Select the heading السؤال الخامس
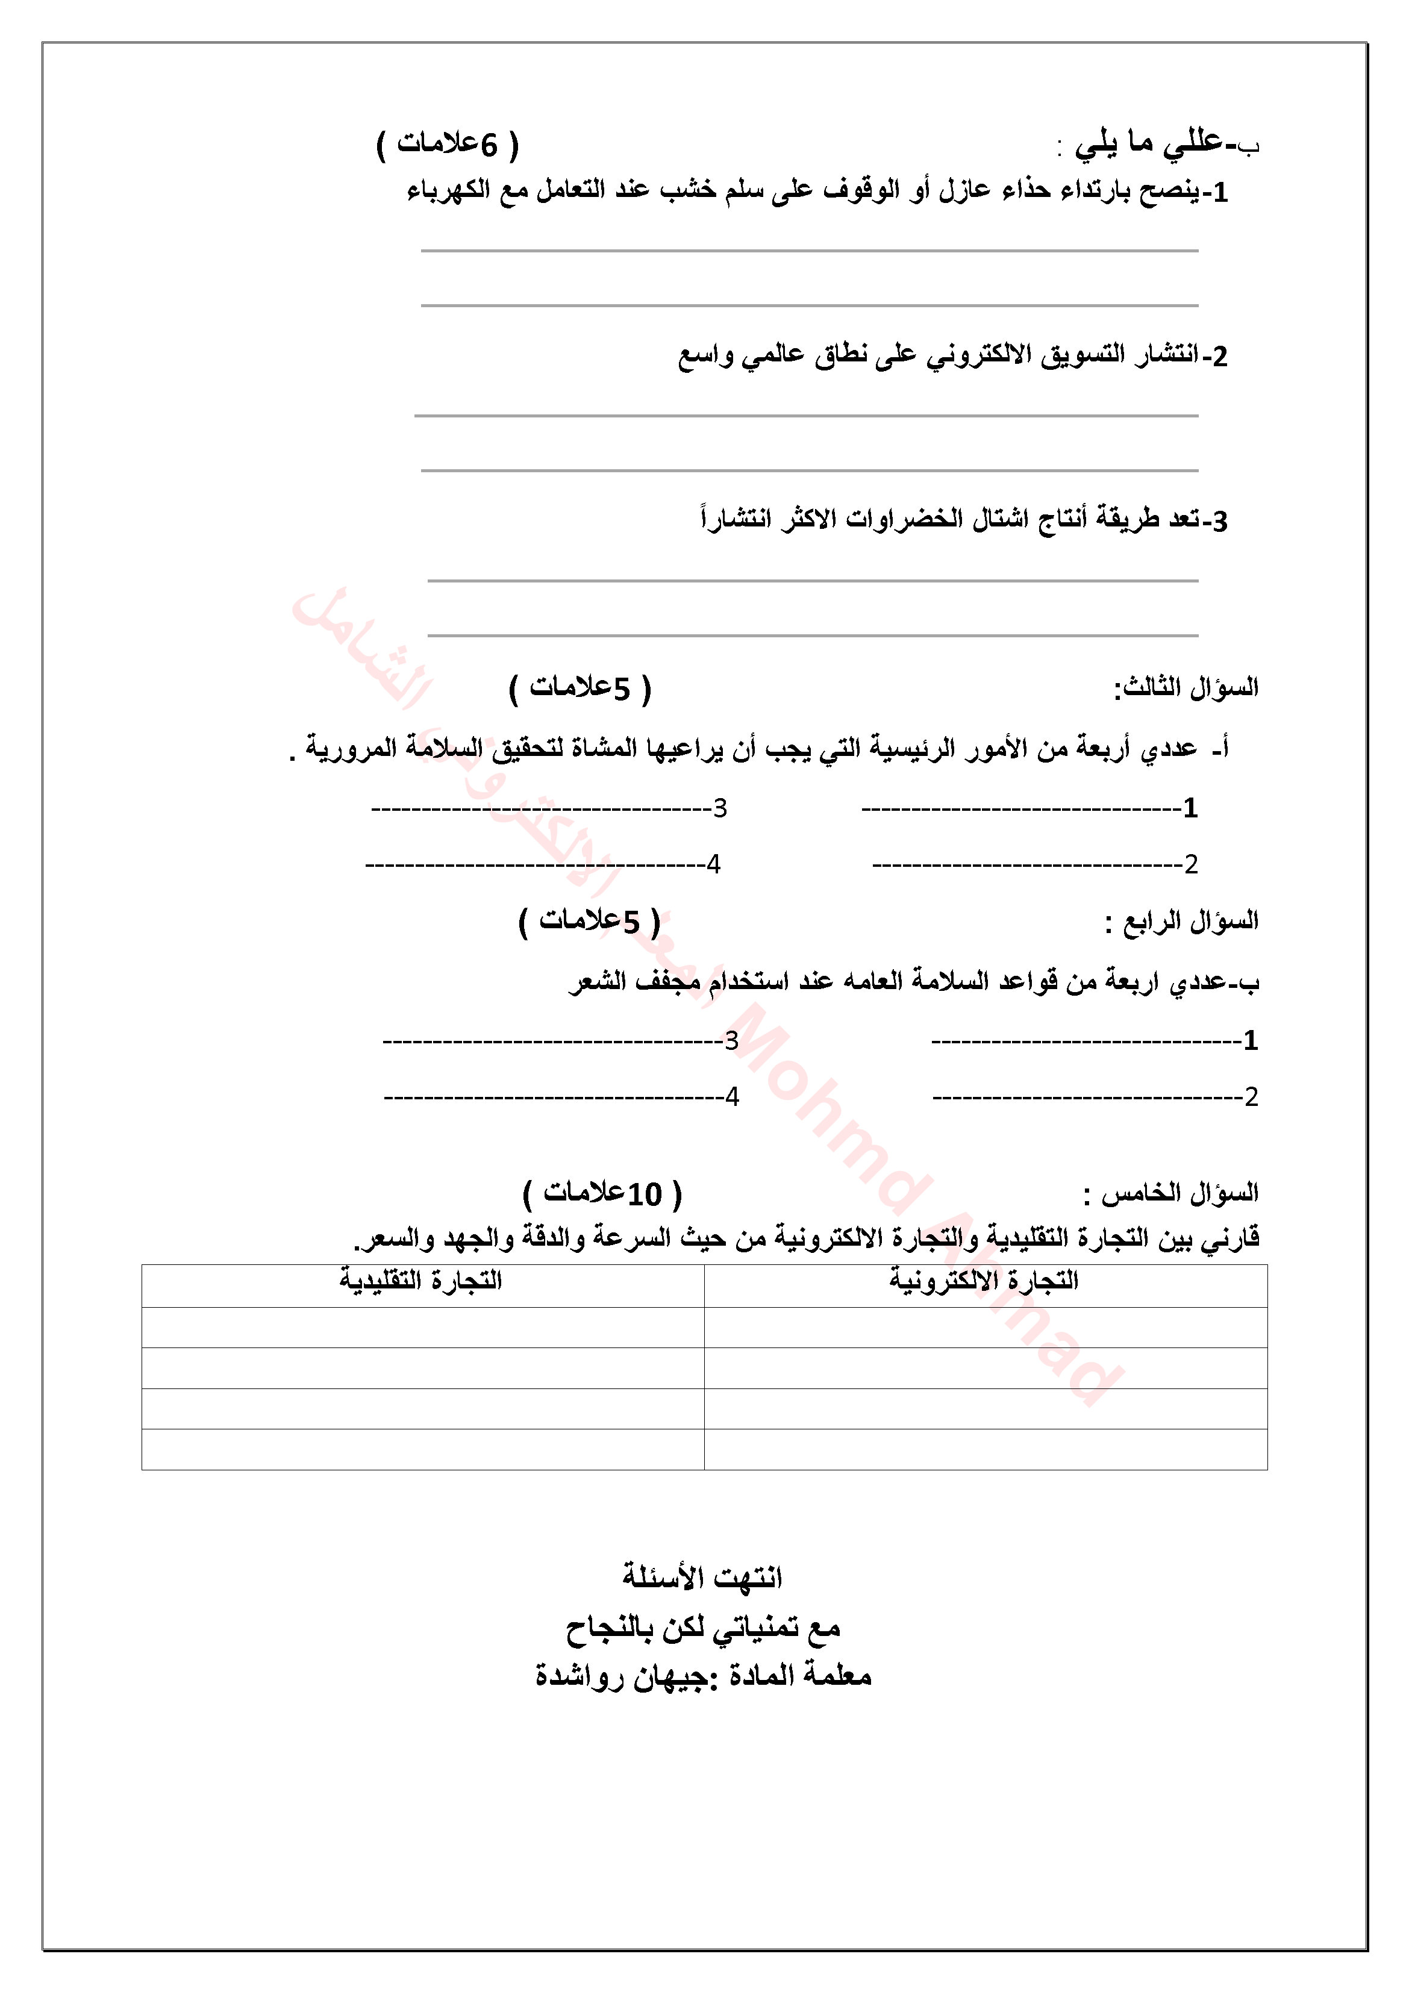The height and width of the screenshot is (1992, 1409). pos(1170,1194)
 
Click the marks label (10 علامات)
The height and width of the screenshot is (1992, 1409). pos(603,1194)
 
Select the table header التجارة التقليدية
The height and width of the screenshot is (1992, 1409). pos(421,1281)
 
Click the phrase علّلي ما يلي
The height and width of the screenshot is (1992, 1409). pos(1149,143)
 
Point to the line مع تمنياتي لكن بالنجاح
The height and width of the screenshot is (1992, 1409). pos(703,1627)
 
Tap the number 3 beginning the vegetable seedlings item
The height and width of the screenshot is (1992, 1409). pos(1219,522)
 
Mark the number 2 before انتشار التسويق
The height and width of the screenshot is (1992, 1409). pos(1219,357)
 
